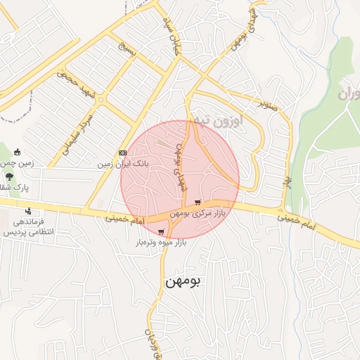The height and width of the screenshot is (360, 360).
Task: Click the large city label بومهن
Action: click(183, 281)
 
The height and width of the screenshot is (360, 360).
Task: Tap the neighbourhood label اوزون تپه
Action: click(218, 121)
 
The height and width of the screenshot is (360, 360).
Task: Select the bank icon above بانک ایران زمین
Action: click(123, 153)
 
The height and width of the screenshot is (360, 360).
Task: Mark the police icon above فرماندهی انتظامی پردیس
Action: click(28, 211)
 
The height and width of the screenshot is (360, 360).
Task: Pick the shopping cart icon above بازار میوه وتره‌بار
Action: click(162, 232)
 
